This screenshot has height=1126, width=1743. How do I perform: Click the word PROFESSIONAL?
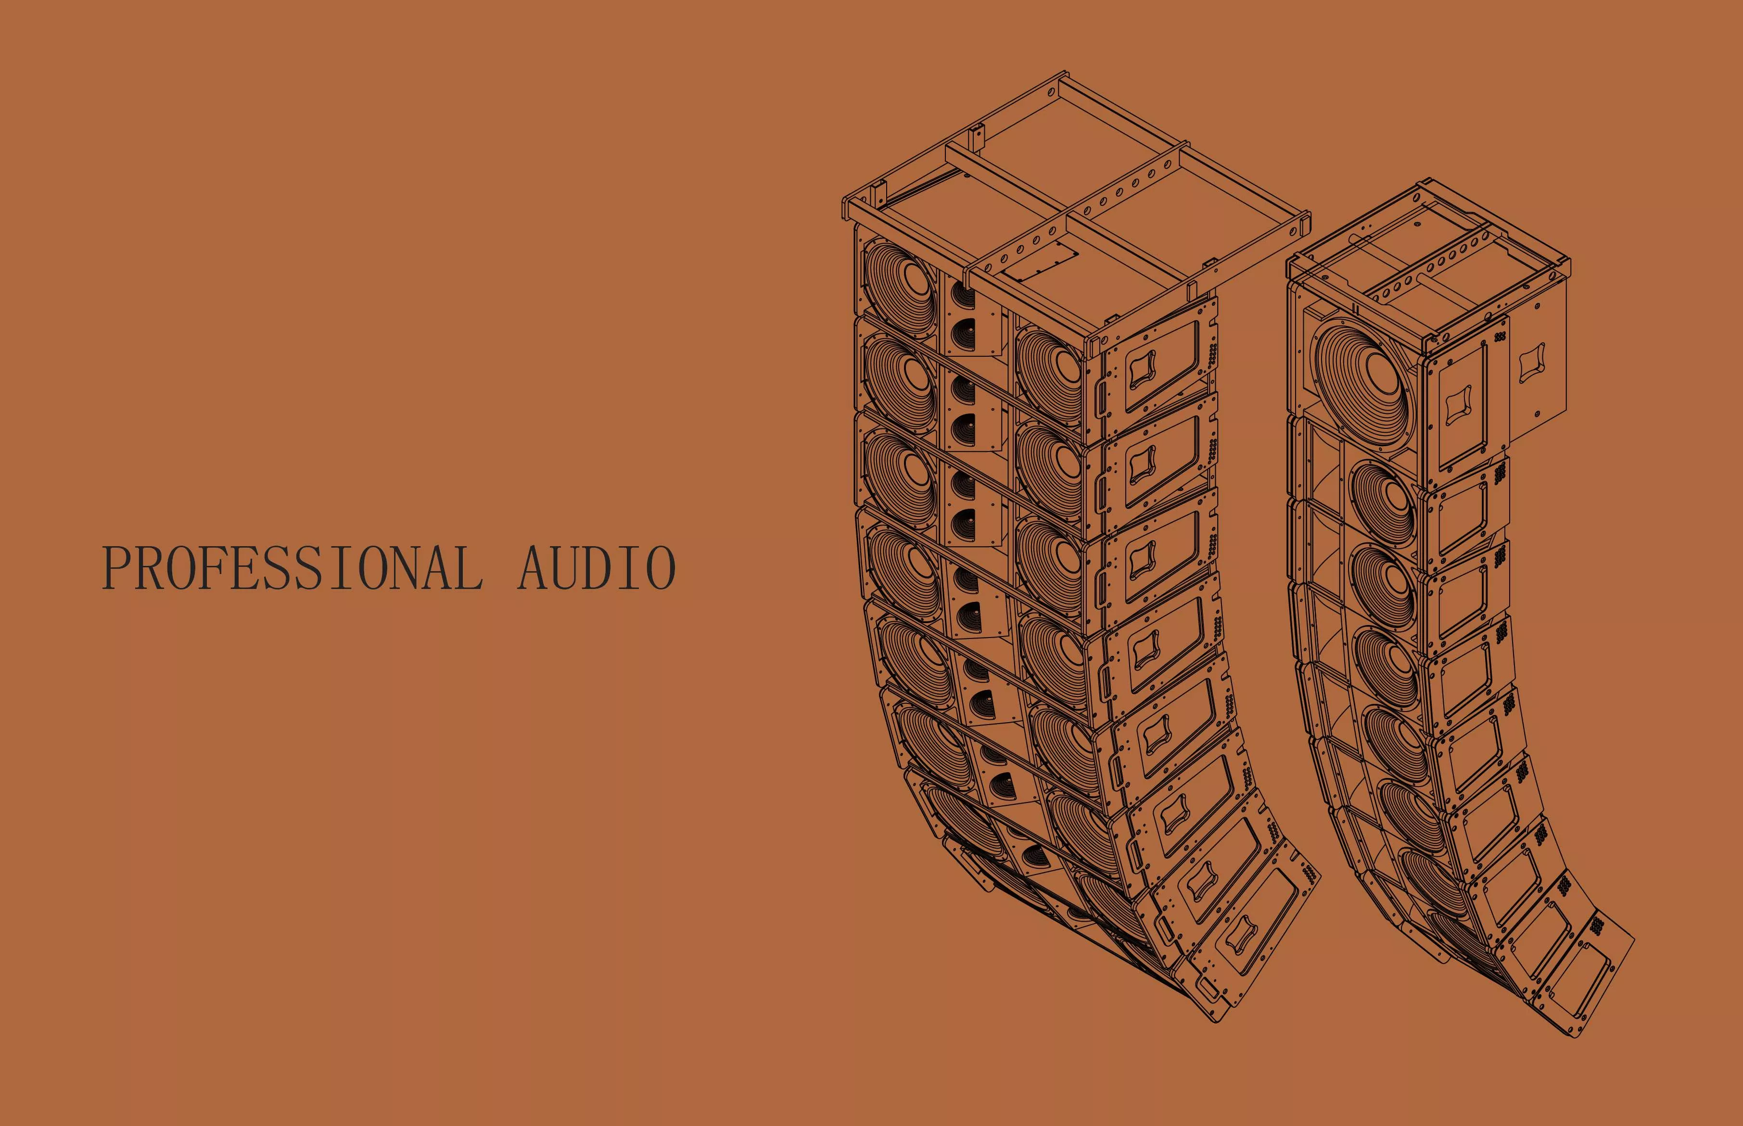coord(293,567)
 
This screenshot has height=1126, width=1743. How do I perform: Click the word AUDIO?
coord(597,567)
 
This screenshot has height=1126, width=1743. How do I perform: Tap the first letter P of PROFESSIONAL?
coord(116,567)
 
